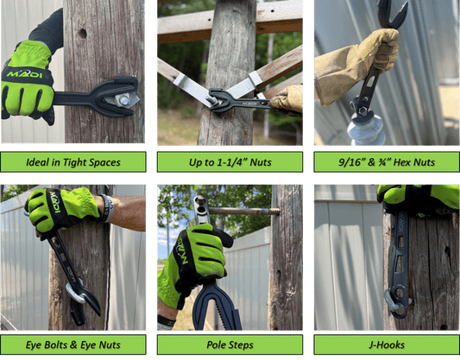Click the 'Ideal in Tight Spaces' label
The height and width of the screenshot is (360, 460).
pyautogui.click(x=73, y=162)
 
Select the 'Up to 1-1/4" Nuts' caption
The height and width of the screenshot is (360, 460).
pyautogui.click(x=230, y=162)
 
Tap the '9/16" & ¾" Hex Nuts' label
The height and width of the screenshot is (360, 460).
pyautogui.click(x=387, y=162)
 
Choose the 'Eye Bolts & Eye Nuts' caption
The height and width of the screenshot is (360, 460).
pyautogui.click(x=73, y=344)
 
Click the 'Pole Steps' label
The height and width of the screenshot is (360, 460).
pyautogui.click(x=230, y=344)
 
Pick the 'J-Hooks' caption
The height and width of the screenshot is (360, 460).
pyautogui.click(x=387, y=344)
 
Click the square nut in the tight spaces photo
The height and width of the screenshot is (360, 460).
pyautogui.click(x=124, y=101)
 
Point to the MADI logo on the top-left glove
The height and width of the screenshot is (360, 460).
pyautogui.click(x=24, y=73)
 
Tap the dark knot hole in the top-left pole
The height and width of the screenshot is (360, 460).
pyautogui.click(x=83, y=34)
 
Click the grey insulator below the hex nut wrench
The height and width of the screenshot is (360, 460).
pyautogui.click(x=367, y=129)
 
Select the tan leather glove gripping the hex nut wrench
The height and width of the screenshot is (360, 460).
pyautogui.click(x=358, y=65)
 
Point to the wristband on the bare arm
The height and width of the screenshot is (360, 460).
pyautogui.click(x=107, y=208)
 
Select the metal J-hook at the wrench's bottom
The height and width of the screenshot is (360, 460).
pyautogui.click(x=392, y=302)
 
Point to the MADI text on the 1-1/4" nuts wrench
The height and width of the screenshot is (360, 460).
pyautogui.click(x=249, y=104)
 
